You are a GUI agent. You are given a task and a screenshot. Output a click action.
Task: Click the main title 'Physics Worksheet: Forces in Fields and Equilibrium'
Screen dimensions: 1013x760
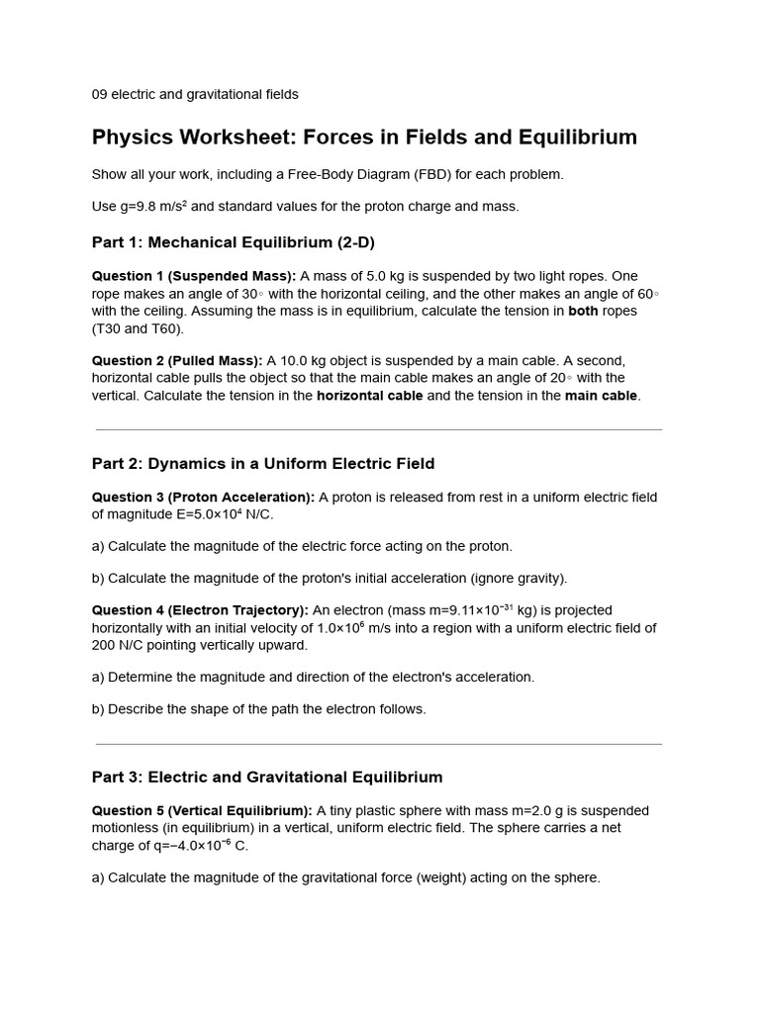(x=364, y=138)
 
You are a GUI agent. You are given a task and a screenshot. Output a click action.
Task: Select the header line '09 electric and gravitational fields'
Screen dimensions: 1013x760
(x=195, y=94)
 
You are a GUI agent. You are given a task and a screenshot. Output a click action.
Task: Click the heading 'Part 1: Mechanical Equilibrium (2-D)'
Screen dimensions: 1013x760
(x=234, y=242)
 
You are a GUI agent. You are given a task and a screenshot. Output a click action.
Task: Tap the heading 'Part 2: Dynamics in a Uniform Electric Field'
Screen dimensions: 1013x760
(x=263, y=463)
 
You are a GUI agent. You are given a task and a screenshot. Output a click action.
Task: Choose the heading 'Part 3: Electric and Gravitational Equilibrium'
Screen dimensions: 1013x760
(x=267, y=777)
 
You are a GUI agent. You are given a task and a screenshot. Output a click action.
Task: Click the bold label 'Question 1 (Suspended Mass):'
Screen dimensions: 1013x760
(x=194, y=276)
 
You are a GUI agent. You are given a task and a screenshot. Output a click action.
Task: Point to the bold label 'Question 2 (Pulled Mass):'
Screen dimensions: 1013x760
(x=177, y=360)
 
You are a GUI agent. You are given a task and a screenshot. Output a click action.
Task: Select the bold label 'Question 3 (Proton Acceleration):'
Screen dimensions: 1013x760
(x=203, y=497)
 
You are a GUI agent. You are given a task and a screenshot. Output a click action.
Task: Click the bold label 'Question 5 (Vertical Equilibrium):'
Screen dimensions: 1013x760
(x=202, y=810)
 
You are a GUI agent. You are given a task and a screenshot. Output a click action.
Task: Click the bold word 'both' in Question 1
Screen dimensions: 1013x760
(x=583, y=311)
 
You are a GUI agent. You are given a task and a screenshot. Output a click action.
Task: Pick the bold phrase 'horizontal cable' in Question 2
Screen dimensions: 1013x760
(x=369, y=396)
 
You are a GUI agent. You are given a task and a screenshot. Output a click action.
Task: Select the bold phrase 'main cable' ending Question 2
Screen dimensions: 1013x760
(x=602, y=396)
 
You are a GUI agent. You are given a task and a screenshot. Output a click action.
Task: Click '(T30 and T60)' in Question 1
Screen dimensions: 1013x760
(x=138, y=328)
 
